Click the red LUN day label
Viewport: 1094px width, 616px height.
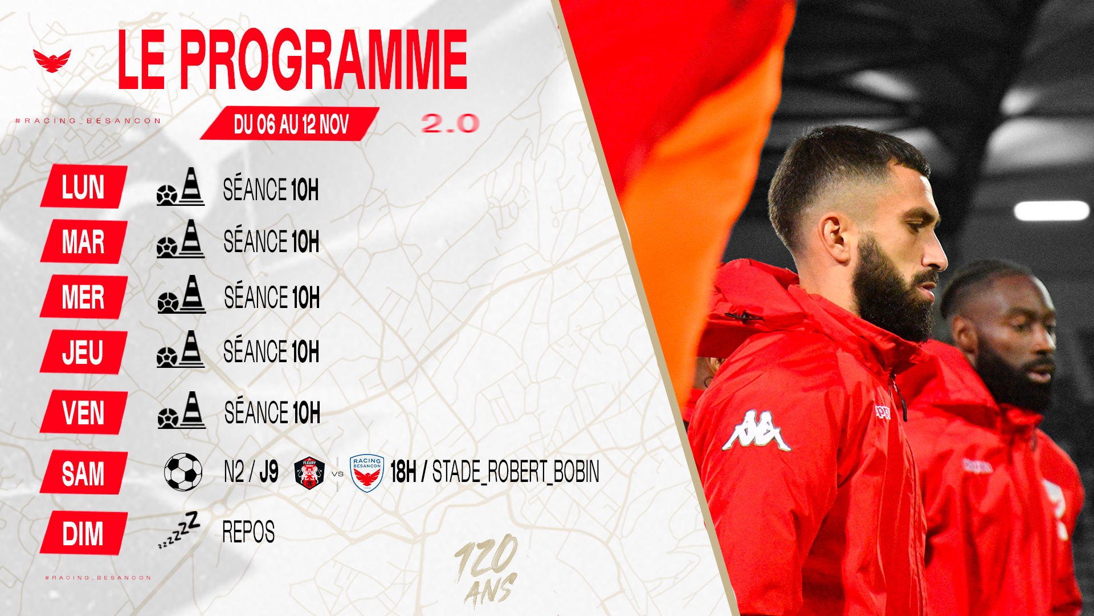pos(84,187)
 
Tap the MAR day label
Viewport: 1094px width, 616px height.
pos(84,242)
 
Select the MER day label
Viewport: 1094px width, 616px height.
pos(84,297)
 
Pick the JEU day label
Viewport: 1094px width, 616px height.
pos(84,352)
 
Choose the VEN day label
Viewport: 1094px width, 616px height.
pos(84,412)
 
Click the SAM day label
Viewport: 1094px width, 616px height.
pos(84,473)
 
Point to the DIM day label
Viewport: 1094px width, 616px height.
pos(84,533)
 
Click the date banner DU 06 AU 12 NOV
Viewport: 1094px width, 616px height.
pos(290,124)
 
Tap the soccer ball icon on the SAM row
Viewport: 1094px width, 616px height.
pos(183,472)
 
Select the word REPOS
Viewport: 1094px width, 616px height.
pos(248,532)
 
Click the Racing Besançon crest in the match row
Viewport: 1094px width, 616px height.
pos(367,473)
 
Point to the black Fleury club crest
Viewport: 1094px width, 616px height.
pos(309,473)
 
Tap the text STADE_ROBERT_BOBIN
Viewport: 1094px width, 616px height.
pos(516,472)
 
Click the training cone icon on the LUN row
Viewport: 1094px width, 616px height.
pos(192,186)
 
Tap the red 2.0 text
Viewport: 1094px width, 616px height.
pos(450,123)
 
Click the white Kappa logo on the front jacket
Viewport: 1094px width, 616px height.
pos(757,430)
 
